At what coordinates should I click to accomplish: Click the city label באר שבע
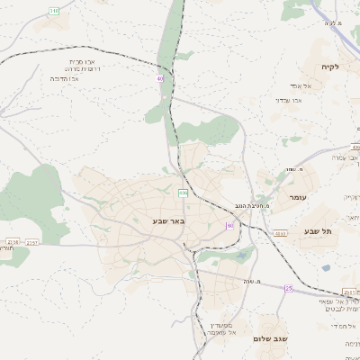(x=168, y=220)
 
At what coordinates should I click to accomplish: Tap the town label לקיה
(x=328, y=67)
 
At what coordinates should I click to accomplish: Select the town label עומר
(x=298, y=197)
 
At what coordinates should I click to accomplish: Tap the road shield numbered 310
(x=54, y=11)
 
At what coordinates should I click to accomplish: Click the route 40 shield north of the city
(x=160, y=79)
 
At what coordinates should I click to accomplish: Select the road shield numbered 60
(x=229, y=225)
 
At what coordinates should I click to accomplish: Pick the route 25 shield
(x=289, y=288)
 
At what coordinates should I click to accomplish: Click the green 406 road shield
(x=184, y=193)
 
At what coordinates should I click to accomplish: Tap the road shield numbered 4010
(x=281, y=233)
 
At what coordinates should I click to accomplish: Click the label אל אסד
(x=301, y=85)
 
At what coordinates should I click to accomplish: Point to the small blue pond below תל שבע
(x=326, y=267)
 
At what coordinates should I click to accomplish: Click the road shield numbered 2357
(x=13, y=241)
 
